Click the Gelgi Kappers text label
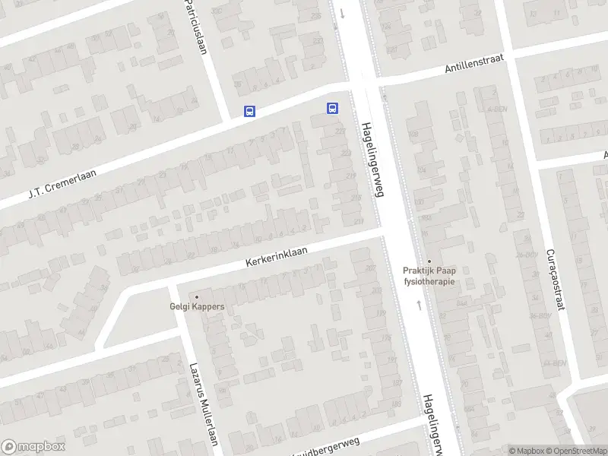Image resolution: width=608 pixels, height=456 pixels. (197, 307)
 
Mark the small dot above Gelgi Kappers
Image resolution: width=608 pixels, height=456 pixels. (197, 297)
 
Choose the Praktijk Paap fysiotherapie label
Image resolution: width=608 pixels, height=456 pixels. (429, 275)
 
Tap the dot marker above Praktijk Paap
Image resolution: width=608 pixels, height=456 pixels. (429, 260)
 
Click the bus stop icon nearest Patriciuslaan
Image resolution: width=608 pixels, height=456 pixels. (249, 111)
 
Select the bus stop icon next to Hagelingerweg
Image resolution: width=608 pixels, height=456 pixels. (332, 108)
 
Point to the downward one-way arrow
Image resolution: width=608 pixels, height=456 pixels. (342, 13)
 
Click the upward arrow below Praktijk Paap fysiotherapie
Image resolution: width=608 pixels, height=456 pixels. (419, 305)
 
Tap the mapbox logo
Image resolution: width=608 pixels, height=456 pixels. (33, 447)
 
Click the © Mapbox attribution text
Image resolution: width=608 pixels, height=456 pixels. (526, 451)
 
